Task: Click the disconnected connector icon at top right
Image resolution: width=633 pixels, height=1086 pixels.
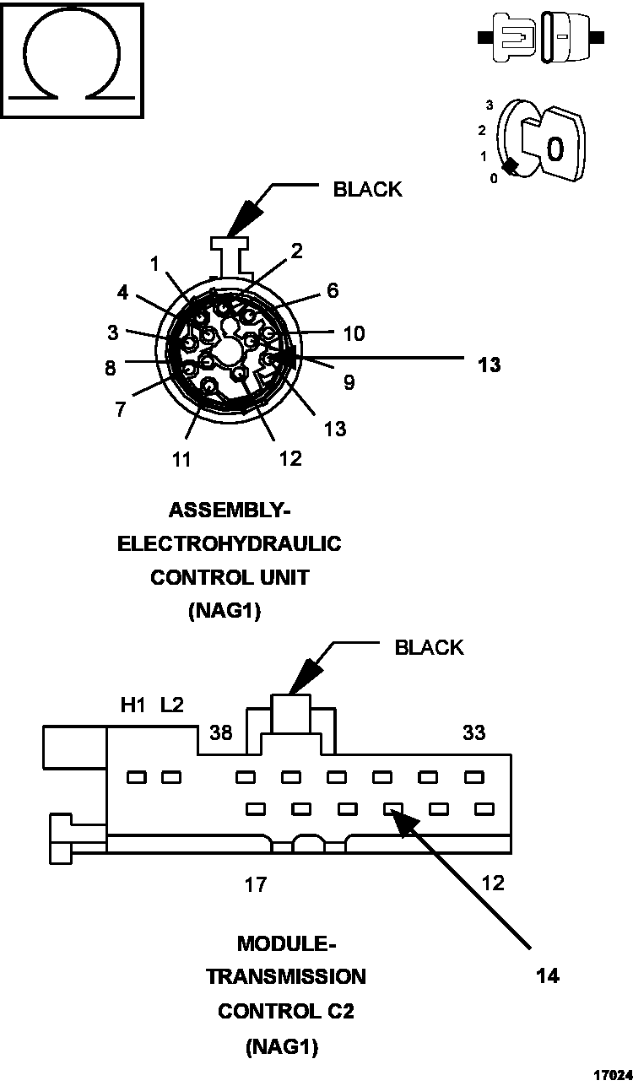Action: tap(540, 37)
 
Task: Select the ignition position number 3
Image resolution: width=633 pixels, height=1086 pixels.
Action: tap(490, 105)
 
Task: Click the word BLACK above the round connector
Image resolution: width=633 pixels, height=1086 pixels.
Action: tap(367, 189)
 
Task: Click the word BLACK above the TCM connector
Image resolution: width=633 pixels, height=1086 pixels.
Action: tap(430, 647)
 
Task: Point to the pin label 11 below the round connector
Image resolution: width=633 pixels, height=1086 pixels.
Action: tap(181, 460)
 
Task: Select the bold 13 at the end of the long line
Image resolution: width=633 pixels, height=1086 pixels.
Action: tap(489, 365)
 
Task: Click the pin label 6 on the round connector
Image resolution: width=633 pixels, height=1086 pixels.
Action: tap(333, 290)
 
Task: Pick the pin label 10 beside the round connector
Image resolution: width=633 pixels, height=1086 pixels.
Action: tap(354, 333)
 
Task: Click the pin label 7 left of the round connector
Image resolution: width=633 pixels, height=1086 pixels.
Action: tap(121, 409)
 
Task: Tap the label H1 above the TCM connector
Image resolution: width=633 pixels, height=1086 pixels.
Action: tap(133, 705)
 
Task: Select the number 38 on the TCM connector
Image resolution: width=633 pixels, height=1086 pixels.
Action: tap(221, 733)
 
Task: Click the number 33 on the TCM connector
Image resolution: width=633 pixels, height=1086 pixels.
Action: tap(474, 732)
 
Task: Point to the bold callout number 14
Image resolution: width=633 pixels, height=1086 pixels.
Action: tap(547, 975)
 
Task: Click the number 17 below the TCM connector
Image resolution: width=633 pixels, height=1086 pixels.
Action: tap(256, 884)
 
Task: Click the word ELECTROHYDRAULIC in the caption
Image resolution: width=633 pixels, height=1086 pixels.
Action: tap(230, 543)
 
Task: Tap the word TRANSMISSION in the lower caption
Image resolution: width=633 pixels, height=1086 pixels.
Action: tap(286, 976)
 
